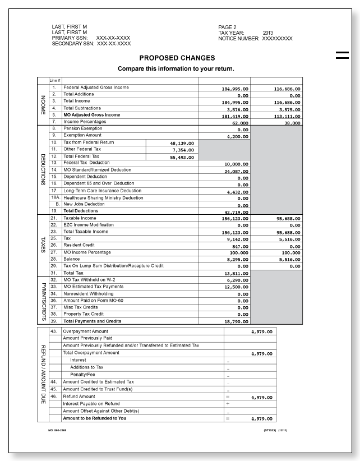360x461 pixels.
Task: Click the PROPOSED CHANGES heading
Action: coord(177,58)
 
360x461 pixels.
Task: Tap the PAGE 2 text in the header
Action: coord(227,27)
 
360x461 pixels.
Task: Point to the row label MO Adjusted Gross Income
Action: coord(91,115)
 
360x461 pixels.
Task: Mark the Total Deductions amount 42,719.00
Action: coord(236,213)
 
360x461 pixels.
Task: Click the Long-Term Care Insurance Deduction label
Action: coord(102,190)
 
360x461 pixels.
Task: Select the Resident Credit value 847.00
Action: coord(239,246)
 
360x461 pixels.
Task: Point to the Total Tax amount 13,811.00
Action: coord(236,273)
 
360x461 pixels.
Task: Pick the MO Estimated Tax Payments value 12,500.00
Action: coord(236,287)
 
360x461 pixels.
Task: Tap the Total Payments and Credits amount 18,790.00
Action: coord(236,322)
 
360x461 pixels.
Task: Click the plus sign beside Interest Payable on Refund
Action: coord(228,404)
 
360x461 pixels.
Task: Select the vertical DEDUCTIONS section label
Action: coord(43,170)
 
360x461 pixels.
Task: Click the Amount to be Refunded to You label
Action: coord(94,418)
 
